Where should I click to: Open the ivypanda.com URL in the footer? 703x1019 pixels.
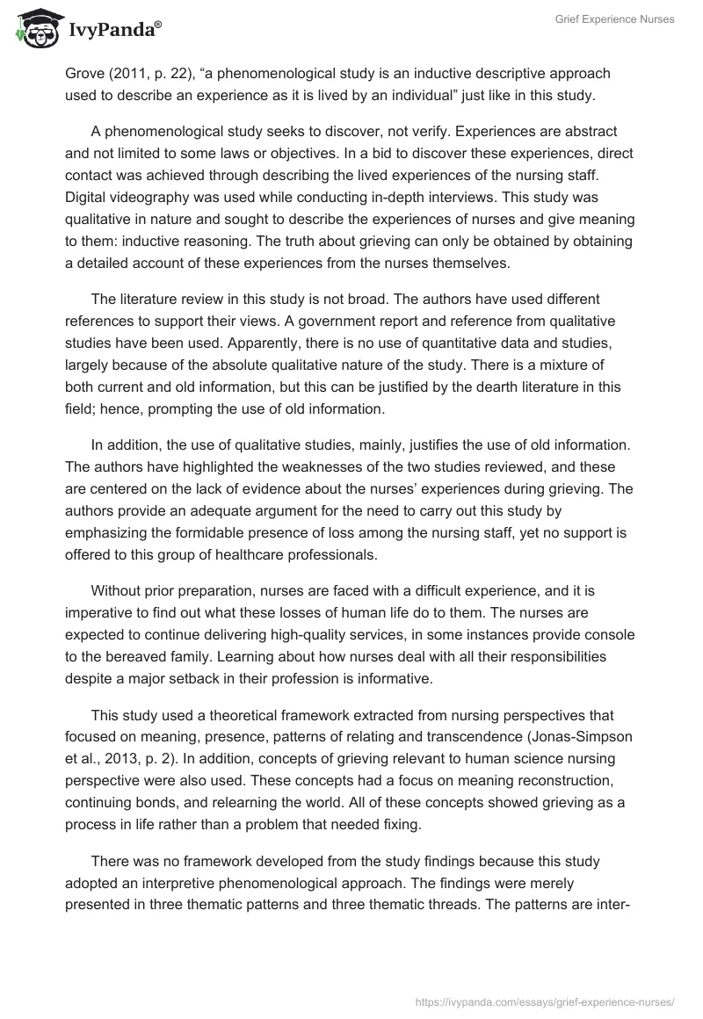544,1001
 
